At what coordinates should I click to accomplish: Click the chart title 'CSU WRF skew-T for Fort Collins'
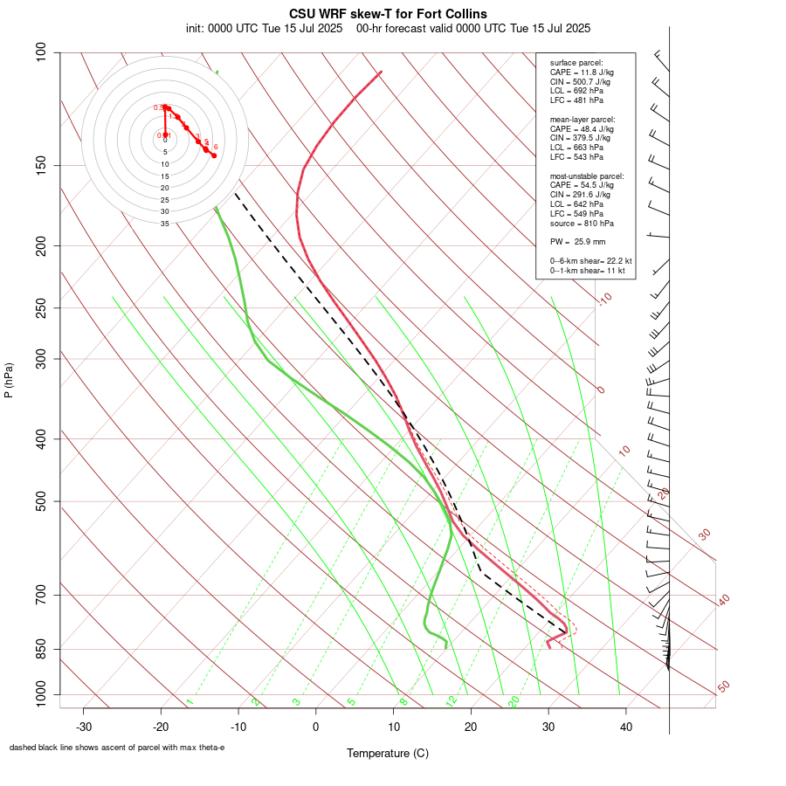(x=388, y=14)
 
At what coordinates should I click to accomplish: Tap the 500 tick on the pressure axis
(x=41, y=501)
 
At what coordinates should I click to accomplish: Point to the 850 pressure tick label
(x=41, y=649)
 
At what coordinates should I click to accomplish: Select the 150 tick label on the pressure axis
(x=41, y=165)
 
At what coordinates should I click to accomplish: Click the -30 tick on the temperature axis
(x=84, y=727)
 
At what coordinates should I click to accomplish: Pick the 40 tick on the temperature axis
(x=626, y=727)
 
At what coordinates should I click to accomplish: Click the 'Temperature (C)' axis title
(x=388, y=753)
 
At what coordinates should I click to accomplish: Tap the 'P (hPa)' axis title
(x=9, y=381)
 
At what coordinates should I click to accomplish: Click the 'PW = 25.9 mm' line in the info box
(x=577, y=241)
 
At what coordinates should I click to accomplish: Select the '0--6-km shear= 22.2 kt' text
(x=590, y=261)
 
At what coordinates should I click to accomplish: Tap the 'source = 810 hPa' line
(x=580, y=223)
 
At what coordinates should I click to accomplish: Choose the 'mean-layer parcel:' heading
(x=582, y=119)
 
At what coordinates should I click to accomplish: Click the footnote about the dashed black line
(x=117, y=748)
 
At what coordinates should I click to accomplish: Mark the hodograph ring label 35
(x=164, y=224)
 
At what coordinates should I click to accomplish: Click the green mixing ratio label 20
(x=514, y=701)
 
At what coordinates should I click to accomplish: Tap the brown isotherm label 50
(x=723, y=687)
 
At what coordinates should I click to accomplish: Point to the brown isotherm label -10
(x=604, y=300)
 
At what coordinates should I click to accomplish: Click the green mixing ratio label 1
(x=189, y=702)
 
